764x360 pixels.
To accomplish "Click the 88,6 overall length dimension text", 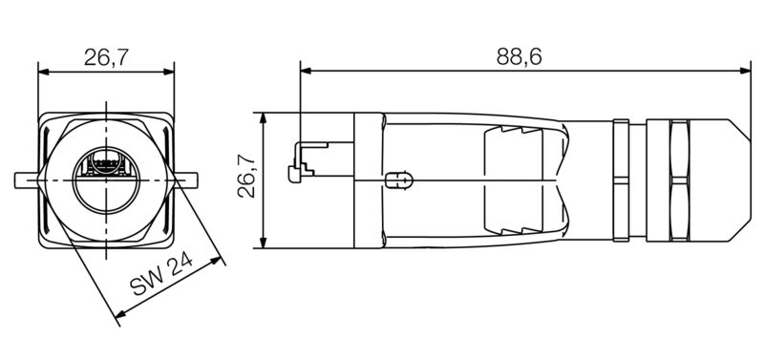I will pos(520,56).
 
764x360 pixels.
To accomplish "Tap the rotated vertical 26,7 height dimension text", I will pos(245,178).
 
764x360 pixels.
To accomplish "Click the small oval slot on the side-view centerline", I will pos(398,180).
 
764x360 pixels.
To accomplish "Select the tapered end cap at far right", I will pos(730,179).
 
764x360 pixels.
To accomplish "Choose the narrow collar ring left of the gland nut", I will pos(620,179).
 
